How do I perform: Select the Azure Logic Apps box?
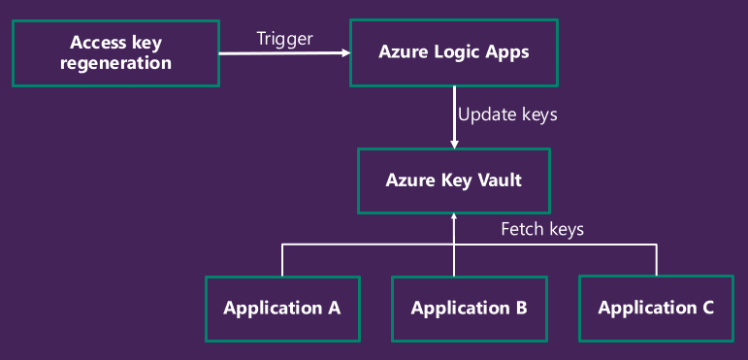pos(454,53)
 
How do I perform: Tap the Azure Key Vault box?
pos(454,180)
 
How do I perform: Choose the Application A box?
pos(282,309)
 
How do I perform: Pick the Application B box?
pos(469,309)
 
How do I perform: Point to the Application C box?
pos(656,309)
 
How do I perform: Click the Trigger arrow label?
pos(283,39)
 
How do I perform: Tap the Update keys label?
pos(507,115)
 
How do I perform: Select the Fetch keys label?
pos(541,230)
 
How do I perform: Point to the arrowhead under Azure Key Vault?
pos(454,217)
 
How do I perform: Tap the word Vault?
pos(501,180)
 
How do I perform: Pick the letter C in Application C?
pos(707,309)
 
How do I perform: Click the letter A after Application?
pos(334,309)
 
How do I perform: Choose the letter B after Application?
pos(521,309)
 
